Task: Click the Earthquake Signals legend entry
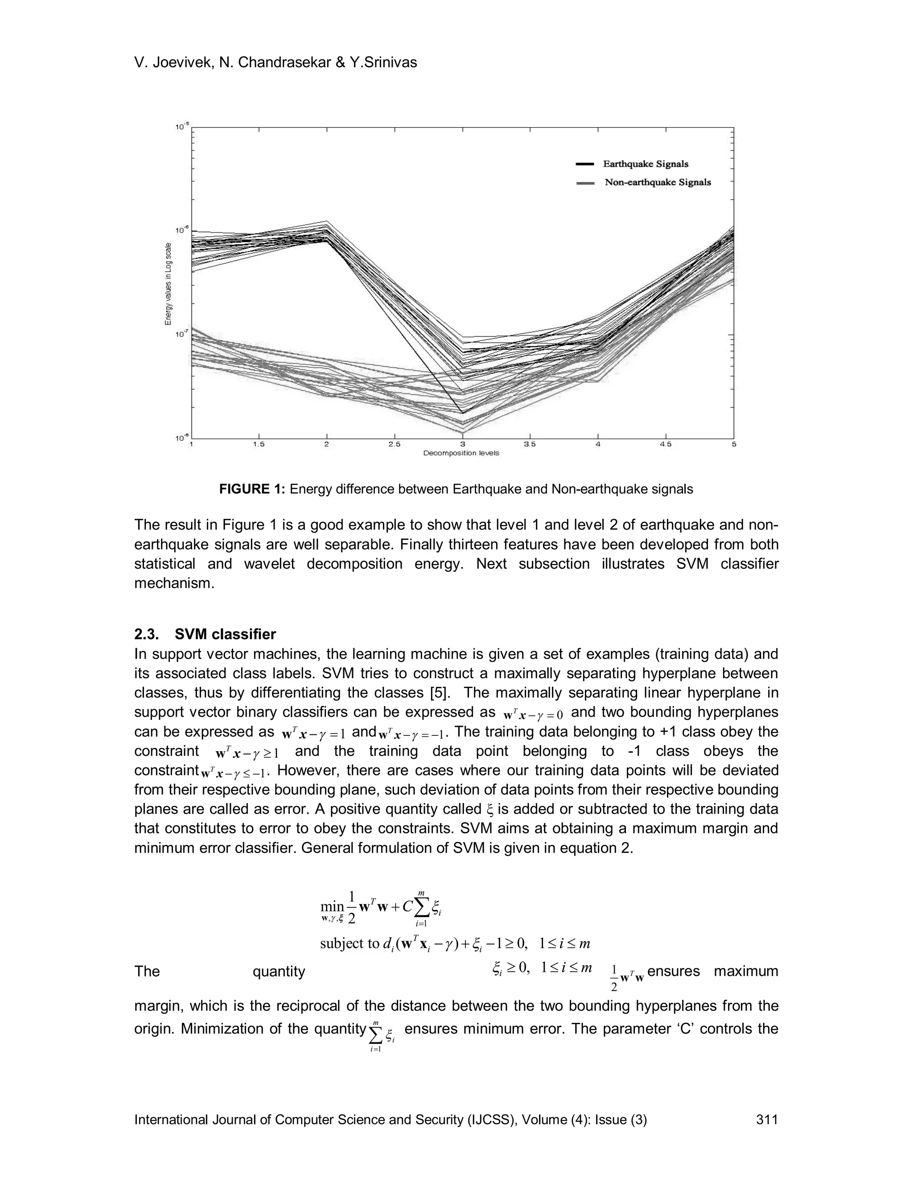[x=645, y=164]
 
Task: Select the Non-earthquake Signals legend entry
[x=657, y=182]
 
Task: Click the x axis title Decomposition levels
[x=461, y=453]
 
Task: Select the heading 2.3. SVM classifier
[x=205, y=634]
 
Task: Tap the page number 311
[x=767, y=1119]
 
